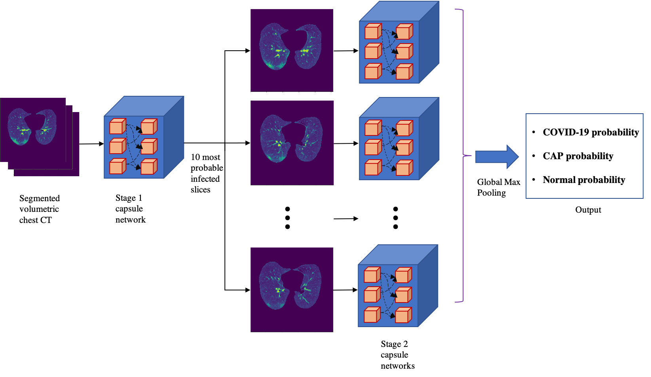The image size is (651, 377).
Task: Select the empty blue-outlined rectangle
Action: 584,156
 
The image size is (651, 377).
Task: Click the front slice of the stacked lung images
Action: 33,129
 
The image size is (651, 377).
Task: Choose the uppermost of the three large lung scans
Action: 292,50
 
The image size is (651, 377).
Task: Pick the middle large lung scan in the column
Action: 292,143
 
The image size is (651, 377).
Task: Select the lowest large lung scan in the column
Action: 292,290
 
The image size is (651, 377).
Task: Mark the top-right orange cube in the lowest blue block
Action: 403,276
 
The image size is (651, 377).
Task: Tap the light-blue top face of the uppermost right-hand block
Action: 399,11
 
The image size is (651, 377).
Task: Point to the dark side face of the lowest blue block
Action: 428,285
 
